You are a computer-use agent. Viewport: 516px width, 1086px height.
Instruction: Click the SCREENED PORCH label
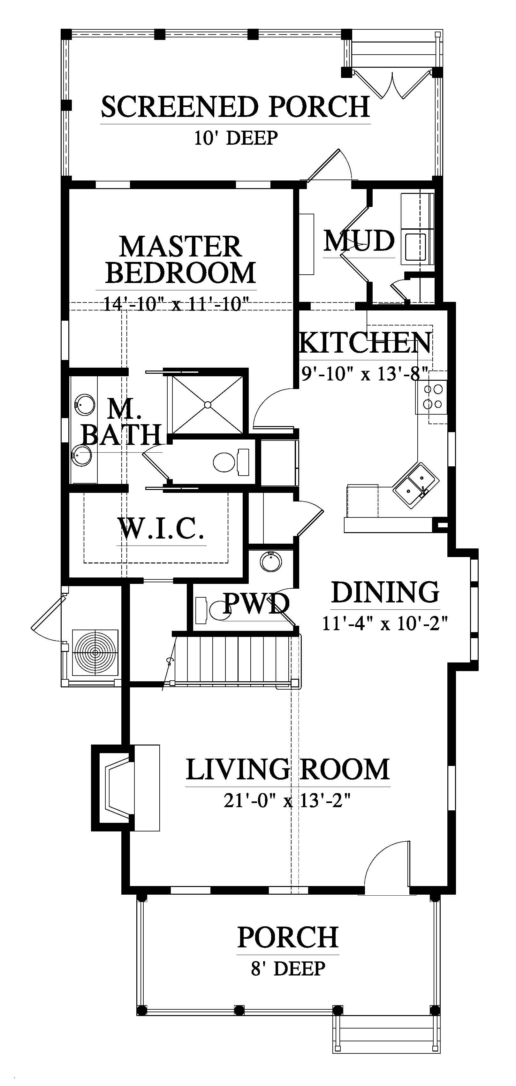point(235,107)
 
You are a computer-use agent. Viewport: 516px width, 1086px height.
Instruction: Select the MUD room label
point(359,241)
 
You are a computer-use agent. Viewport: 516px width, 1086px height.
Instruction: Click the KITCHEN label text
point(365,342)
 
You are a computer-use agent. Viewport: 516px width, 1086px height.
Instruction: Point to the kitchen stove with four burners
point(432,396)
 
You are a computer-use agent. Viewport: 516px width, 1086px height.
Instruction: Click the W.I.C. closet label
point(162,529)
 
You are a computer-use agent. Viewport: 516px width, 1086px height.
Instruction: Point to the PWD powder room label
point(256,603)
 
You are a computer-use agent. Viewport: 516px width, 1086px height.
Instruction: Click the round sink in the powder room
point(269,561)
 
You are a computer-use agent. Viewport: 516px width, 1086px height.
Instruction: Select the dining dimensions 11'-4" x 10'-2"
point(384,623)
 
